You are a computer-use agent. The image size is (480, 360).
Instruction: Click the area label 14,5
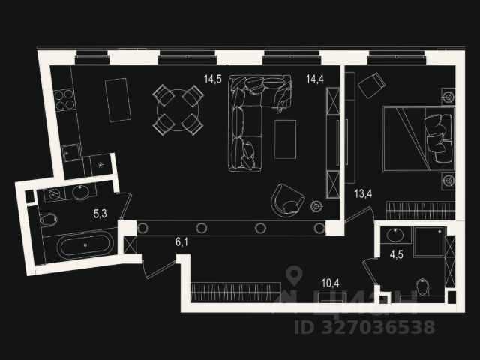211,77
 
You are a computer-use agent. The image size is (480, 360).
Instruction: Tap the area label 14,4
304,77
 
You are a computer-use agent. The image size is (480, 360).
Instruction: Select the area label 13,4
364,194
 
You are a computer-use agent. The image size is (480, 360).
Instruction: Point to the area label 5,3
100,214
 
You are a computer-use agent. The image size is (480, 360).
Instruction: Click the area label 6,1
182,241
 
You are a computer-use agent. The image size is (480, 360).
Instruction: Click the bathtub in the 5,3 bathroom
85,244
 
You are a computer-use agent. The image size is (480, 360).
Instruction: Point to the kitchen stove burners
64,100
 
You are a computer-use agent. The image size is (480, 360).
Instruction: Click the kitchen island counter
118,99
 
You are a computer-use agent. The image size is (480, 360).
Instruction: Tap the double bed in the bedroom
418,139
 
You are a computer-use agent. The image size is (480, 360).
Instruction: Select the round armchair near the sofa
288,199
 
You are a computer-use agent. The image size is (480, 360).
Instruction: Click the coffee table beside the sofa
285,139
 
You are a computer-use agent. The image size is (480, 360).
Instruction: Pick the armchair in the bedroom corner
372,86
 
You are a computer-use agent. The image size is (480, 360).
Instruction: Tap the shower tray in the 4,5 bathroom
429,241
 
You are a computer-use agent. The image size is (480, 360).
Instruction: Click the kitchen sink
72,153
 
